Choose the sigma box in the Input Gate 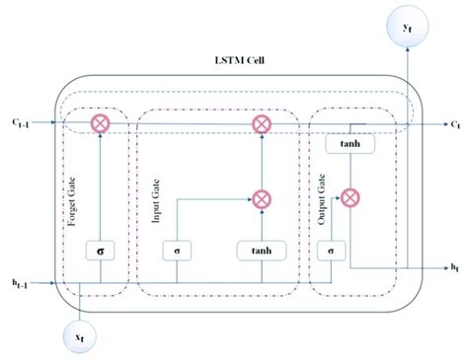176,252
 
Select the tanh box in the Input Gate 261,252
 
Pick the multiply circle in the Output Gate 351,197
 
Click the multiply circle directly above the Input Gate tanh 261,198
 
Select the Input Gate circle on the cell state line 261,124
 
